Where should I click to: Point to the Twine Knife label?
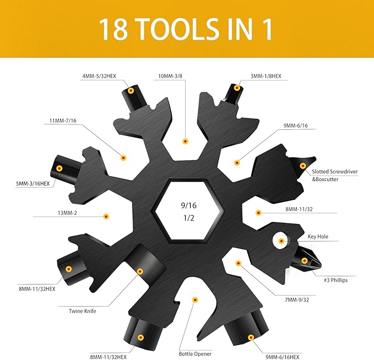[83, 311]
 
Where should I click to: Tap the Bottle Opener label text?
[196, 354]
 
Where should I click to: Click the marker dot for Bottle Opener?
[194, 299]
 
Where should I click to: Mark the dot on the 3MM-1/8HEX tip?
[237, 88]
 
